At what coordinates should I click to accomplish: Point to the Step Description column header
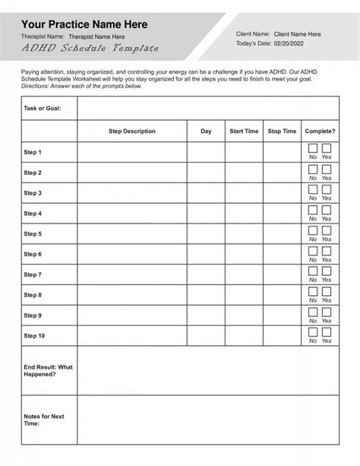point(132,132)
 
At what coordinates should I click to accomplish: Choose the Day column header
point(206,132)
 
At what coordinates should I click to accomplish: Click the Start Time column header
point(244,132)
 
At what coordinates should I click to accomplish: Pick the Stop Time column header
point(283,132)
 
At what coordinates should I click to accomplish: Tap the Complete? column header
point(320,132)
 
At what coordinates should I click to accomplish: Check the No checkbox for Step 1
point(313,148)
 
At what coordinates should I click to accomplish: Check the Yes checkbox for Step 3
point(327,189)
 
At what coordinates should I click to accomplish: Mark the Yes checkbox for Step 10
point(327,332)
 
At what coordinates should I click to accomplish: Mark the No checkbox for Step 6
point(313,250)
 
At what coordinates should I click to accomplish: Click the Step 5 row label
point(33,234)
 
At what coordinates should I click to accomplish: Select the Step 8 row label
point(33,295)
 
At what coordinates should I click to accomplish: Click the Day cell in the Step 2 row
point(206,173)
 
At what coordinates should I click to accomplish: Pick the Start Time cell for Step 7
point(244,274)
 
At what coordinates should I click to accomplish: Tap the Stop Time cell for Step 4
point(283,214)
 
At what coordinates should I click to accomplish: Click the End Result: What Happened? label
point(49,370)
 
